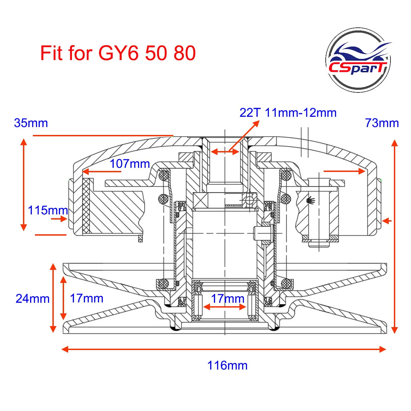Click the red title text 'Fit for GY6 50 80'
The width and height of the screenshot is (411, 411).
118,53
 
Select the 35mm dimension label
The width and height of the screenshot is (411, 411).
31,123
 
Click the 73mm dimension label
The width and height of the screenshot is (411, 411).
382,123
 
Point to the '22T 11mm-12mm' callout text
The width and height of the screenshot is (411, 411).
288,113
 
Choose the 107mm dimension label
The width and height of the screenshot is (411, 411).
130,164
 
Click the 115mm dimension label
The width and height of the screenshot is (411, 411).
48,210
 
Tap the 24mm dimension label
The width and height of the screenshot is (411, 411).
33,299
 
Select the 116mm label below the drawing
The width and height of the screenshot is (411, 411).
227,365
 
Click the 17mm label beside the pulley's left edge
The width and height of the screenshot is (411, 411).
87,298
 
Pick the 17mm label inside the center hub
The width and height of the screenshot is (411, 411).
227,298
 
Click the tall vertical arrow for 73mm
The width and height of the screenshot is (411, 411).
395,236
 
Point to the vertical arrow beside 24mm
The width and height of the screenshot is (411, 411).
53,298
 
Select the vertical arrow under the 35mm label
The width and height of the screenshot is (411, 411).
24,184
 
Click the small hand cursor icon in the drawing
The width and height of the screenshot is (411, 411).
311,200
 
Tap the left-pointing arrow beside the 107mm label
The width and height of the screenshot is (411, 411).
102,171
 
